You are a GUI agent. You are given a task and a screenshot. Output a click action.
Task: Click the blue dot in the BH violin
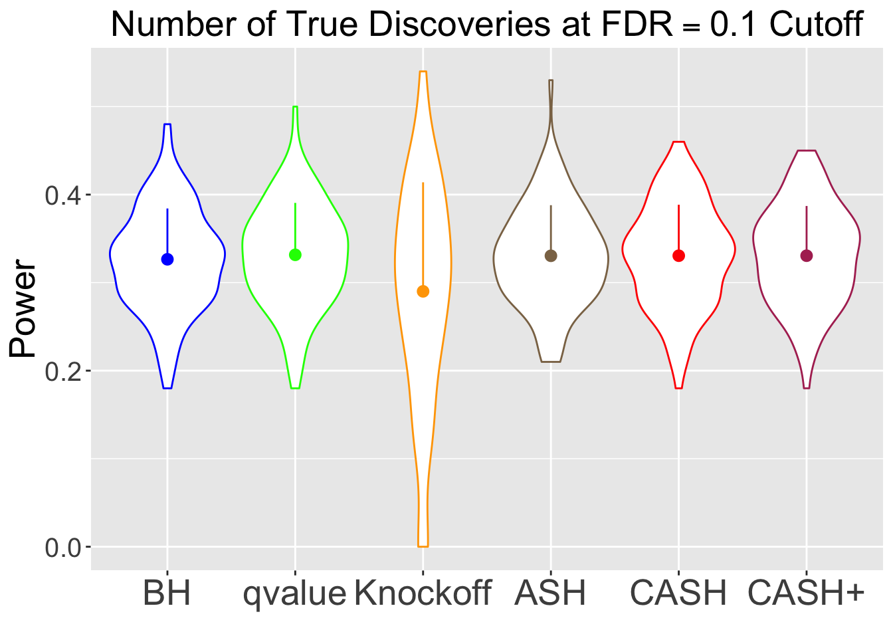click(167, 259)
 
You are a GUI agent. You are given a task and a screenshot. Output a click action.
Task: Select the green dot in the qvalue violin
click(295, 255)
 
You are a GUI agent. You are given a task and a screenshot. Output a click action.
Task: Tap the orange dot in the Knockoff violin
click(423, 291)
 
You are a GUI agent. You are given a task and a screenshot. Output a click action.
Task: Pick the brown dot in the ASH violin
click(551, 256)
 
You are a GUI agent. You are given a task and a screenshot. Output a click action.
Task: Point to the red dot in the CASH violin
click(678, 256)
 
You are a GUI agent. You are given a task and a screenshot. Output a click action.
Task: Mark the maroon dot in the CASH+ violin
click(807, 256)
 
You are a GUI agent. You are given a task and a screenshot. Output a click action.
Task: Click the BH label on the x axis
click(167, 593)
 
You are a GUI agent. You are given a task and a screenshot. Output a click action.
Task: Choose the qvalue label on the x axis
click(295, 593)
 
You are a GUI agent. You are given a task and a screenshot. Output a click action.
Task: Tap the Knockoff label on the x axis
click(423, 593)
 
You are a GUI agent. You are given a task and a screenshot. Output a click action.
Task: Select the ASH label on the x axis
click(551, 593)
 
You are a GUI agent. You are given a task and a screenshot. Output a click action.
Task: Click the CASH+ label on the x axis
click(807, 593)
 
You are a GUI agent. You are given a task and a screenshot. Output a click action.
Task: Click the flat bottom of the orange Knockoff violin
click(423, 546)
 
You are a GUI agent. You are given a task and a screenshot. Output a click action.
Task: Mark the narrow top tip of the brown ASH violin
click(551, 82)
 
